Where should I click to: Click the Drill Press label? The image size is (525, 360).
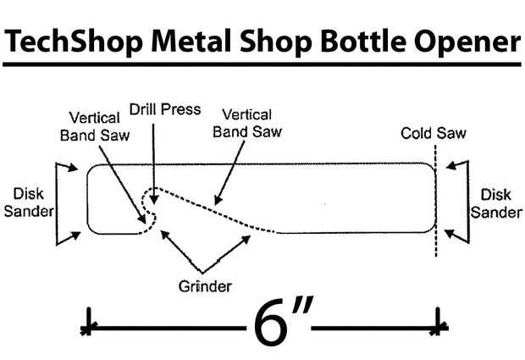[x=164, y=110]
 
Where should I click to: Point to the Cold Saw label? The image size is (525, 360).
[x=434, y=133]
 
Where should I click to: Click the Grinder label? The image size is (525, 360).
[x=205, y=285]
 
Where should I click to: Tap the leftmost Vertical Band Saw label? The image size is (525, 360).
[x=94, y=124]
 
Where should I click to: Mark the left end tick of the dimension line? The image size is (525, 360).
[x=87, y=325]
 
